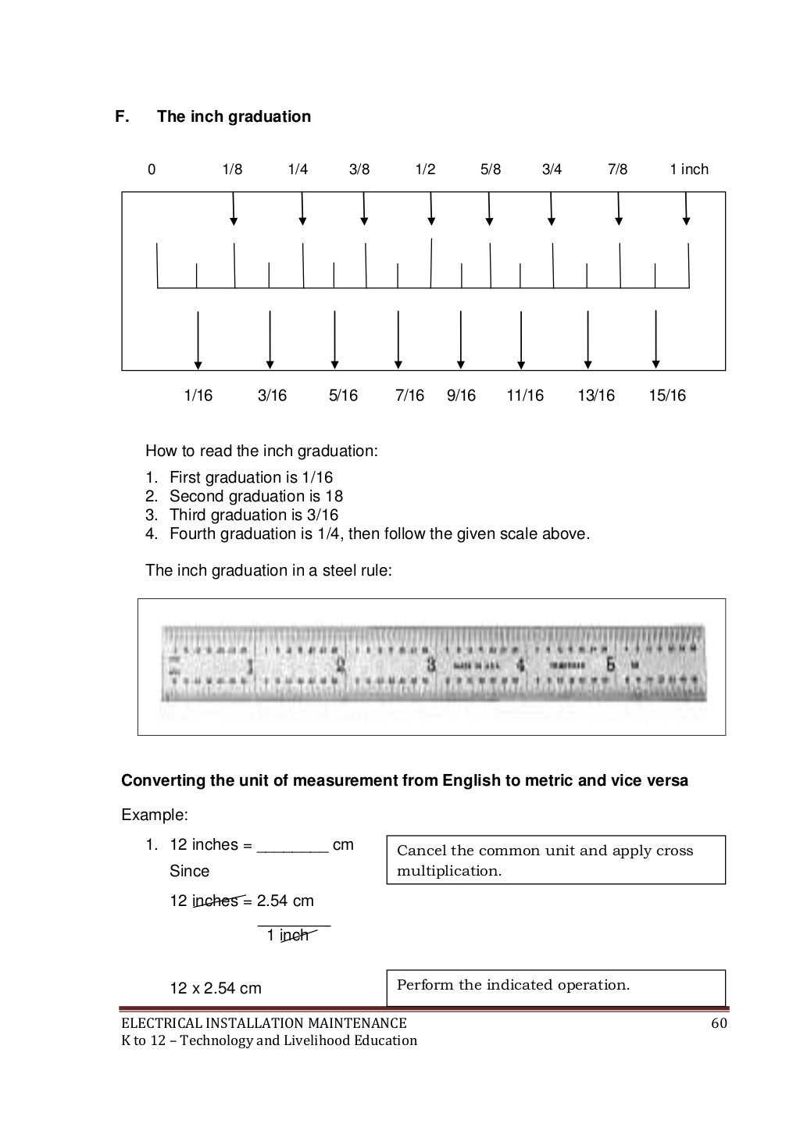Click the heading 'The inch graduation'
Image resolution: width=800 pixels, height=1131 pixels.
coord(234,116)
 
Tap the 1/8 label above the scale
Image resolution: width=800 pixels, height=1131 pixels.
coord(232,169)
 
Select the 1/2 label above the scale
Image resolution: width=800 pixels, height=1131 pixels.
coord(425,169)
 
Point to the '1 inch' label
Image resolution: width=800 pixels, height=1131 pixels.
coord(688,169)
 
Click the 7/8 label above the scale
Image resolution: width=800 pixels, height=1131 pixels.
coord(617,169)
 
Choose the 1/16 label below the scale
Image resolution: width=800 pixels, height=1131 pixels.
coord(198,396)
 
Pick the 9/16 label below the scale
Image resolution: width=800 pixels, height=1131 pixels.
coord(461,396)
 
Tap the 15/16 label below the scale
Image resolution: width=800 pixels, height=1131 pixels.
coord(666,396)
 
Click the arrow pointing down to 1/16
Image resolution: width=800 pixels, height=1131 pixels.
coord(198,340)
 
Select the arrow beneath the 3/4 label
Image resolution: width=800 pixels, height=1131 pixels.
coord(552,209)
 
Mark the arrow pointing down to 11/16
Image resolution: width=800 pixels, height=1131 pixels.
coord(521,340)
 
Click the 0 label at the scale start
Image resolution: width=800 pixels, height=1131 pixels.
coord(152,169)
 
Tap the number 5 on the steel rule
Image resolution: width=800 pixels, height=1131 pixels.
coord(611,665)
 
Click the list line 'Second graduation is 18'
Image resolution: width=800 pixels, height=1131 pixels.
coord(255,496)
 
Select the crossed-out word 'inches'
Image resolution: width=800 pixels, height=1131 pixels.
coord(216,901)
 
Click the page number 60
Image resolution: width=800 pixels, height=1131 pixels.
coord(719,1023)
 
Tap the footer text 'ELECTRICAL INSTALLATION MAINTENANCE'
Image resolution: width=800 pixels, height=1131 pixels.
coord(263,1023)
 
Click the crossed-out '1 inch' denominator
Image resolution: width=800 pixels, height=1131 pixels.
coord(287,935)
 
